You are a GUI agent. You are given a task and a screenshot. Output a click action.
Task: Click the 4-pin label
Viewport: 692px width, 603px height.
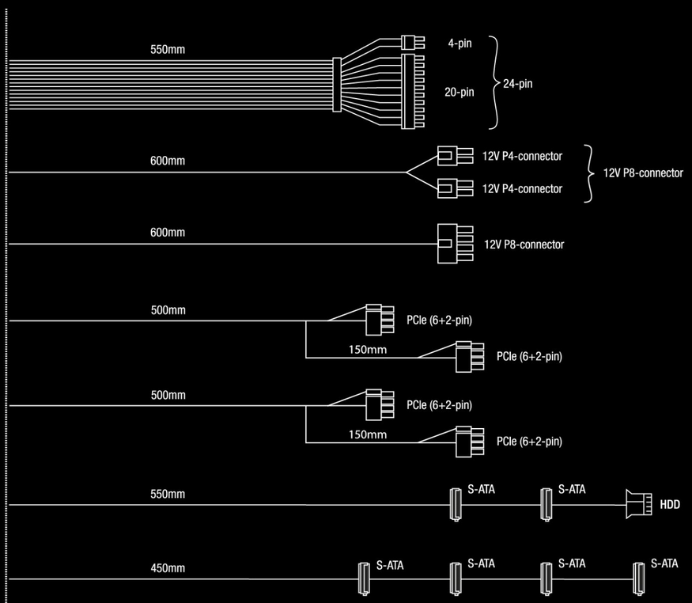click(x=459, y=44)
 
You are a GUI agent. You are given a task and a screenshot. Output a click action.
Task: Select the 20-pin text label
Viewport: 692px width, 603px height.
click(x=459, y=92)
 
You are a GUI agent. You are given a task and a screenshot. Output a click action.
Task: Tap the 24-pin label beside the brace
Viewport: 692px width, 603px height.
click(x=518, y=83)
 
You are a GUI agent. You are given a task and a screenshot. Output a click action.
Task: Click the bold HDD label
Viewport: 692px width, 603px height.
click(x=670, y=504)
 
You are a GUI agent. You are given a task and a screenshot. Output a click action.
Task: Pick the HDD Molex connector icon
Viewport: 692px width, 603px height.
click(x=637, y=504)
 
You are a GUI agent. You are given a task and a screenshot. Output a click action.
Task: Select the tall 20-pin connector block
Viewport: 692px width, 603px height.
click(x=414, y=90)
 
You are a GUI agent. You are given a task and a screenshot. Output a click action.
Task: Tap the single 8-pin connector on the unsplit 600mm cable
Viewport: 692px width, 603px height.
click(x=449, y=244)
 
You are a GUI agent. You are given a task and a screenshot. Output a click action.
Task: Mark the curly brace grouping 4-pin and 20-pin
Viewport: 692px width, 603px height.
click(x=494, y=82)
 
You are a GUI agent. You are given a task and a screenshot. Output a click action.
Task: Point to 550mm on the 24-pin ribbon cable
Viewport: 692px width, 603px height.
click(x=168, y=49)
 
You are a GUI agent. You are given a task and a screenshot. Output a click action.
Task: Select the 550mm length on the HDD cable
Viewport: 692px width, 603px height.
click(x=168, y=494)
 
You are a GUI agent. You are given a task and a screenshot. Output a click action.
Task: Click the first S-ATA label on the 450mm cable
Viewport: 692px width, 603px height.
click(x=390, y=566)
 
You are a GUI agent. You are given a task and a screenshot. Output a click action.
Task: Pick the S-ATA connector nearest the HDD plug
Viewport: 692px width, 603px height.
click(x=545, y=504)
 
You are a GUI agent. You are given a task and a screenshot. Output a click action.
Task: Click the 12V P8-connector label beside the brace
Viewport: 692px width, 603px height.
click(x=643, y=173)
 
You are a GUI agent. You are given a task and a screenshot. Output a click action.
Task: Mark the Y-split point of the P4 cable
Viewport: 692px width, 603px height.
click(x=407, y=173)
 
